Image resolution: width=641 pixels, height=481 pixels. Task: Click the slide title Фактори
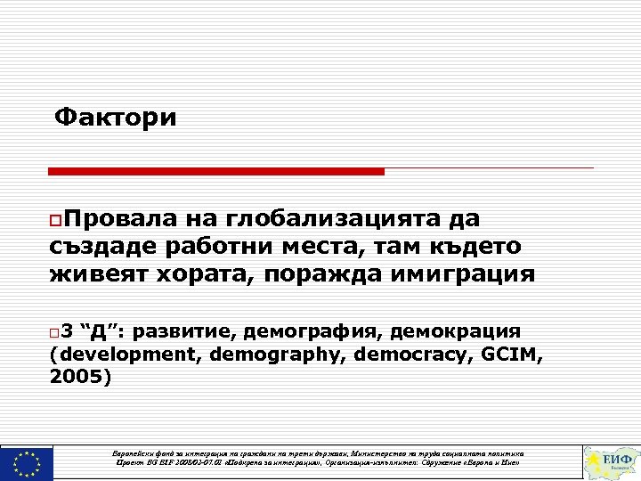(x=116, y=118)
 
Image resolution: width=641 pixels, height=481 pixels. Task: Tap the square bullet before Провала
(x=55, y=220)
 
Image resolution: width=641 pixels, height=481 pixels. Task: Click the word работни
(x=211, y=247)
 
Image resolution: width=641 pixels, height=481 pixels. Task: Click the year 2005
(x=77, y=377)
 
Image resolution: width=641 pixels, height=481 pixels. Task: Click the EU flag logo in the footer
(x=27, y=462)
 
